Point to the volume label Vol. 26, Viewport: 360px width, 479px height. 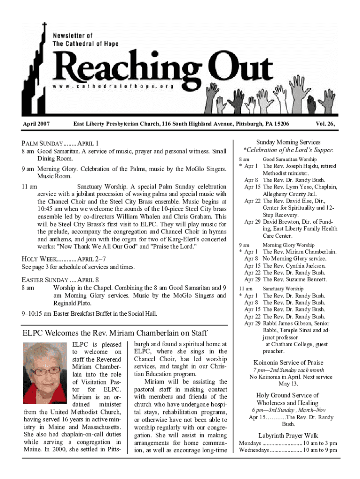click(x=327, y=124)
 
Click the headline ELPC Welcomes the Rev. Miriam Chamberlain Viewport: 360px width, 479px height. click(x=115, y=333)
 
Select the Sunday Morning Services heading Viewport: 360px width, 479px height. click(x=288, y=142)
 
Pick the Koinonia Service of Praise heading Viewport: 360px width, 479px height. click(x=288, y=363)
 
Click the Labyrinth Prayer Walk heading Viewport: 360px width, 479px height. click(x=288, y=435)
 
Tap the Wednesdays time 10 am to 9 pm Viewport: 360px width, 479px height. click(x=320, y=450)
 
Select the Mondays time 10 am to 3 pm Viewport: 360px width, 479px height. click(x=320, y=443)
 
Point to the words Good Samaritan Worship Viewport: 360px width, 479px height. click(x=289, y=160)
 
